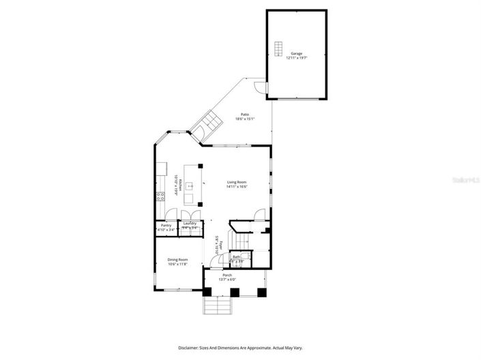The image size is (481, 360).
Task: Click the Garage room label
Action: tap(296, 52)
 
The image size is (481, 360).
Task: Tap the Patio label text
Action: tap(244, 114)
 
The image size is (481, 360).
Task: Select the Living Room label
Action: tap(237, 182)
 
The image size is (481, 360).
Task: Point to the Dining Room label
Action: tap(177, 259)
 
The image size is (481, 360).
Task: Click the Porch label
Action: tap(227, 275)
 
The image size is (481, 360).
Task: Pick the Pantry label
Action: tap(165, 225)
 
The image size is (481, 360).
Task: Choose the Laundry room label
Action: tap(190, 224)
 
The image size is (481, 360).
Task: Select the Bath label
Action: tap(236, 257)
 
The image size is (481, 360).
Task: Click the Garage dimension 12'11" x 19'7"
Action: tap(296, 57)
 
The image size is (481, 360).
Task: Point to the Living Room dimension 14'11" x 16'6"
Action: tap(237, 187)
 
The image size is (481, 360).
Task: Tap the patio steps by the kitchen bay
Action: tap(205, 126)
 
